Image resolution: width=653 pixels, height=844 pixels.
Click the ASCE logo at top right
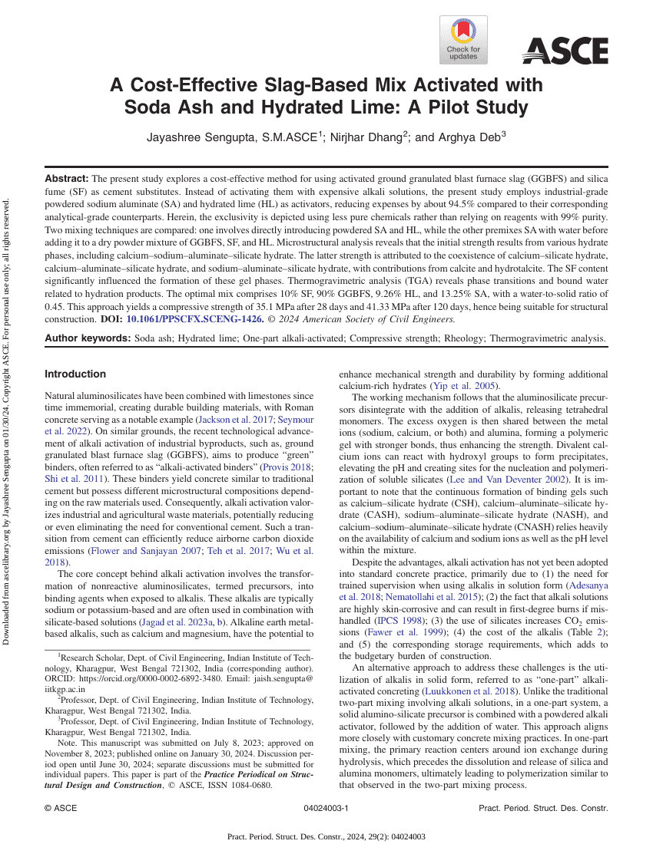[565, 51]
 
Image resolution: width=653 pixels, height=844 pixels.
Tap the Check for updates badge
[462, 40]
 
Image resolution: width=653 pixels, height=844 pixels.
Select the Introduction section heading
[75, 374]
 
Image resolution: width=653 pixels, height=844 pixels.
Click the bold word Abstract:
[67, 177]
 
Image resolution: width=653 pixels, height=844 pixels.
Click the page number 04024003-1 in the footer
[326, 809]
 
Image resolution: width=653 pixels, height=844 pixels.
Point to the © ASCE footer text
[61, 809]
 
